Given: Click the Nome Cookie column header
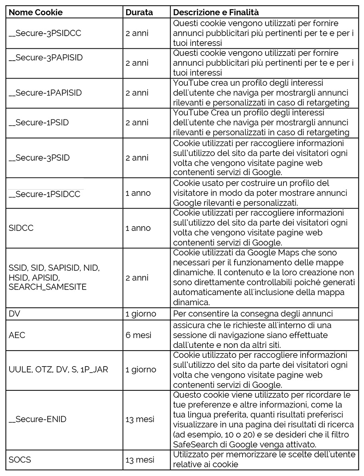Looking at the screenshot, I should click(x=35, y=12).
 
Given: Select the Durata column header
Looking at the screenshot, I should click(x=139, y=12).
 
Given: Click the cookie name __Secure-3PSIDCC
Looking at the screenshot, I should click(x=45, y=33).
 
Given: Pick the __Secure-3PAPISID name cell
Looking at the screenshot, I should click(x=46, y=58).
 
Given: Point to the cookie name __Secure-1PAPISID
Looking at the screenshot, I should click(x=45, y=93).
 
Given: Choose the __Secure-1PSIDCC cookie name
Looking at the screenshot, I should click(x=44, y=194).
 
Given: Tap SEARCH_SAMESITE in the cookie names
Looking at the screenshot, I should click(x=47, y=287).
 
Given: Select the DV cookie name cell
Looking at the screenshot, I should click(x=14, y=314).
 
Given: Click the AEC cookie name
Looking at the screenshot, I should click(x=17, y=335).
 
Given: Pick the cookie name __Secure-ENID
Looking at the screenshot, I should click(x=37, y=419).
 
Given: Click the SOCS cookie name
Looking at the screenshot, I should click(x=20, y=460).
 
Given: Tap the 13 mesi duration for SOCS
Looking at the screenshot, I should click(x=140, y=460).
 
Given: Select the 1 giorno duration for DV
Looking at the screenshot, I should click(x=141, y=314).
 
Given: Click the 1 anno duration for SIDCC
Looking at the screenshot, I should click(x=138, y=228).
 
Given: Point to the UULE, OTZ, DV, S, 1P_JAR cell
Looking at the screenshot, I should click(x=58, y=369).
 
